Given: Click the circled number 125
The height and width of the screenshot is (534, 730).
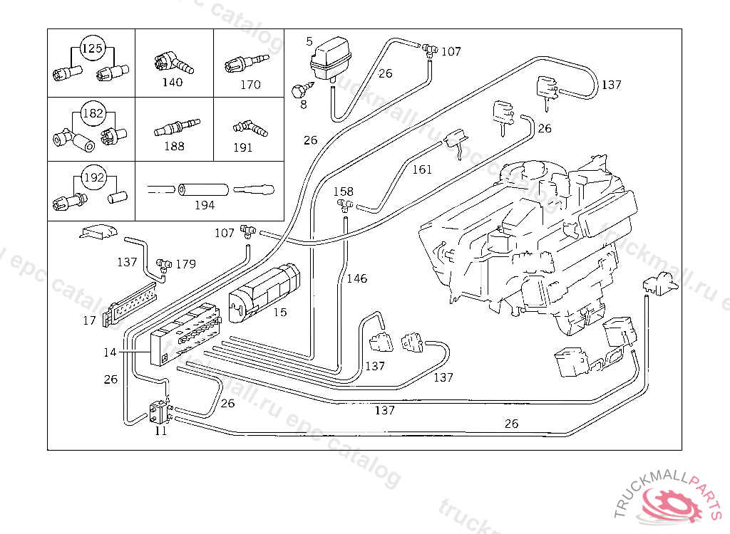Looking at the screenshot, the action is tap(92, 48).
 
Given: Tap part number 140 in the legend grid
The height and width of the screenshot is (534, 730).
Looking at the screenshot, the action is tap(173, 83).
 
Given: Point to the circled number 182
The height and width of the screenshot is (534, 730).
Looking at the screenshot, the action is tap(93, 113).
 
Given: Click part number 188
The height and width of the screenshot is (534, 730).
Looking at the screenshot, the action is tap(174, 146).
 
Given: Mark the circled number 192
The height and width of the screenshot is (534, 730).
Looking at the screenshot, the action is tap(93, 177).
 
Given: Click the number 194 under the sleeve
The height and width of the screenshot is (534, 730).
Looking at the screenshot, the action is tap(205, 205).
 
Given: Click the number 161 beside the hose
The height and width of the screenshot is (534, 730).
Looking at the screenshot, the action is tap(422, 169).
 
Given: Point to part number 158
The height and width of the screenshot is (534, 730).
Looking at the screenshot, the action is tap(343, 192).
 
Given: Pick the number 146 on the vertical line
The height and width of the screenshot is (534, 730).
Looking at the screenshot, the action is tap(356, 278).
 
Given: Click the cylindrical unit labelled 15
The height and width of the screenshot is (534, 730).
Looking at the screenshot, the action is tap(264, 294).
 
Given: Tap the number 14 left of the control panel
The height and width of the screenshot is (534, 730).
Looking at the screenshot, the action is tap(110, 352).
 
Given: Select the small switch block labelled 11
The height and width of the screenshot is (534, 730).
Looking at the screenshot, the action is tap(158, 412).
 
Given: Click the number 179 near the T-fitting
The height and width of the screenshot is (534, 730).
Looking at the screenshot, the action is tap(186, 264).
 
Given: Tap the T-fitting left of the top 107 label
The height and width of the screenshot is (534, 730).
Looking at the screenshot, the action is tap(430, 49).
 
